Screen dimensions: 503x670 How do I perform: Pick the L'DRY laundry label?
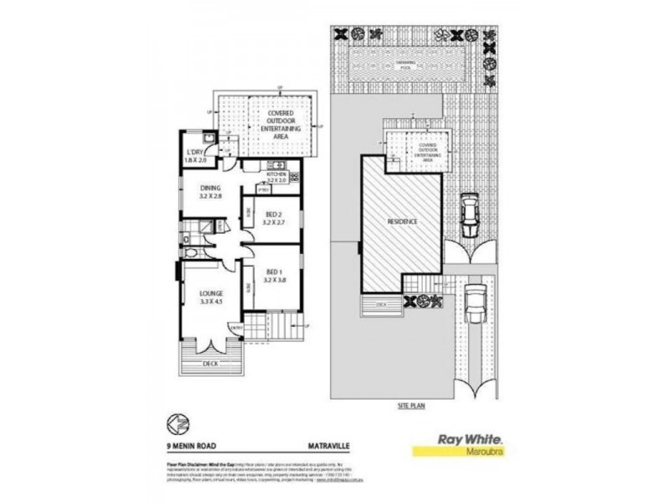195,156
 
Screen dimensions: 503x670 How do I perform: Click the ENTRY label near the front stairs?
236,327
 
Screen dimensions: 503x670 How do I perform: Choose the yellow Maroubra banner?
461,451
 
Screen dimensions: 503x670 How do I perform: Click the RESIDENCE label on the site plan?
402,220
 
